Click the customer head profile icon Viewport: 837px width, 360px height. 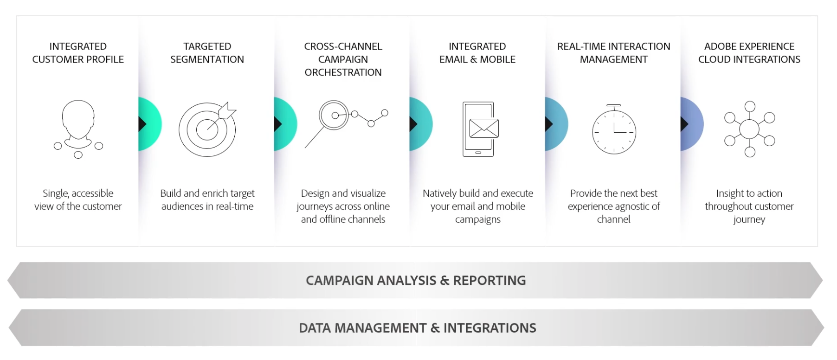pyautogui.click(x=78, y=128)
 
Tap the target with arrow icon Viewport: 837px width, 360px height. pyautogui.click(x=207, y=129)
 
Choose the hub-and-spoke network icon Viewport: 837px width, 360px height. pyautogui.click(x=749, y=129)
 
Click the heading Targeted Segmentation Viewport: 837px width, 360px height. pyautogui.click(x=207, y=53)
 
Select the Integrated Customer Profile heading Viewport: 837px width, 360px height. pyautogui.click(x=78, y=53)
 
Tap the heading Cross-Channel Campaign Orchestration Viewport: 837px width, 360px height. pyautogui.click(x=343, y=59)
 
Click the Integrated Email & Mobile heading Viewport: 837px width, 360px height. pyautogui.click(x=477, y=53)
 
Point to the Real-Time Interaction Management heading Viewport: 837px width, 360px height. pyautogui.click(x=613, y=53)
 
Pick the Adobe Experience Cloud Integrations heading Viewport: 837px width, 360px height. pyautogui.click(x=749, y=53)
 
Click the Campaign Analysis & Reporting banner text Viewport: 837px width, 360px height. pyautogui.click(x=416, y=281)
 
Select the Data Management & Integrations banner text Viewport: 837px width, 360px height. pyautogui.click(x=417, y=328)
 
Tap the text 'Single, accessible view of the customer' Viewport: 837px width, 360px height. pyautogui.click(x=78, y=199)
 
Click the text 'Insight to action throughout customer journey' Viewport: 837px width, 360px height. pyautogui.click(x=749, y=206)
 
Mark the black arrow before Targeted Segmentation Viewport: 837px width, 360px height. pyautogui.click(x=142, y=124)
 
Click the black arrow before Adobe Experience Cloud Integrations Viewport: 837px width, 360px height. pyautogui.click(x=684, y=124)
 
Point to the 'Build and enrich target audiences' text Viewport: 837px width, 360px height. pyautogui.click(x=207, y=199)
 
